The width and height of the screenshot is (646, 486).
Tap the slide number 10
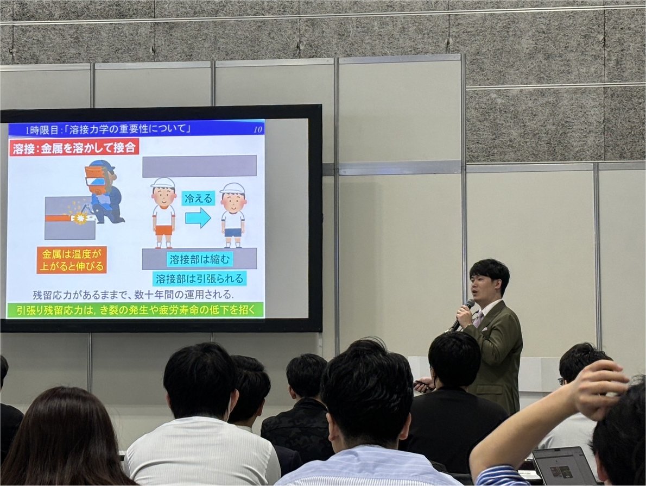pyautogui.click(x=258, y=129)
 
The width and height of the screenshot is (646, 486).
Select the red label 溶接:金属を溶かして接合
pyautogui.click(x=74, y=148)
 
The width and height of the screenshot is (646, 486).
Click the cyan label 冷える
pyautogui.click(x=198, y=199)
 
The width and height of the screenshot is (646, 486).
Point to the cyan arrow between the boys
pyautogui.click(x=198, y=219)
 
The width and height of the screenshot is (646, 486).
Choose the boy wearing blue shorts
pyautogui.click(x=233, y=215)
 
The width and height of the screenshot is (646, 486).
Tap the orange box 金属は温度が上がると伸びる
pyautogui.click(x=72, y=260)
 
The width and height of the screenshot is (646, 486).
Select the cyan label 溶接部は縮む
pyautogui.click(x=199, y=259)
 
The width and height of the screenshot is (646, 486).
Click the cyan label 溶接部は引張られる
pyautogui.click(x=199, y=278)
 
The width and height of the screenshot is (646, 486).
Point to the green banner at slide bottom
pyautogui.click(x=135, y=310)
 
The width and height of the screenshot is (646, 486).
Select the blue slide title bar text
pyautogui.click(x=108, y=129)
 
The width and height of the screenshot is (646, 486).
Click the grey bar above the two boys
pyautogui.click(x=199, y=166)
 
